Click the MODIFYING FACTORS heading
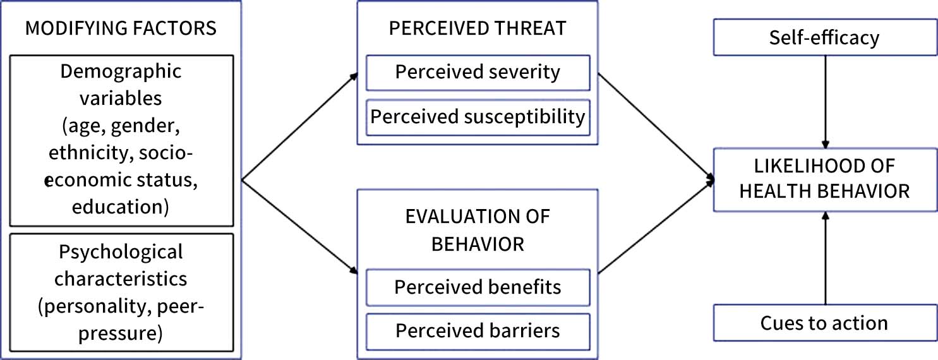click(121, 28)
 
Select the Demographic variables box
click(121, 140)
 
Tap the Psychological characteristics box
click(121, 292)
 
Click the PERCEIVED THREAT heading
click(478, 28)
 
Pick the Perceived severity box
click(478, 72)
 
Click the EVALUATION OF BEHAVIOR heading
click(478, 230)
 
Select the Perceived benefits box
click(478, 287)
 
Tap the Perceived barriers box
click(478, 330)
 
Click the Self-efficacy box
click(824, 38)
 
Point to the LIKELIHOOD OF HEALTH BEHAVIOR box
click(824, 179)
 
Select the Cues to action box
click(824, 323)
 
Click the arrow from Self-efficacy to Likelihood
click(824, 101)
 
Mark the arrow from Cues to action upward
click(824, 259)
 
